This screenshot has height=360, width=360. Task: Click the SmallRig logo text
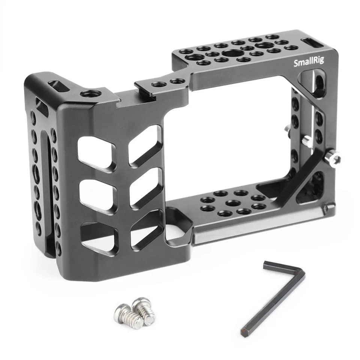(309, 62)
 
